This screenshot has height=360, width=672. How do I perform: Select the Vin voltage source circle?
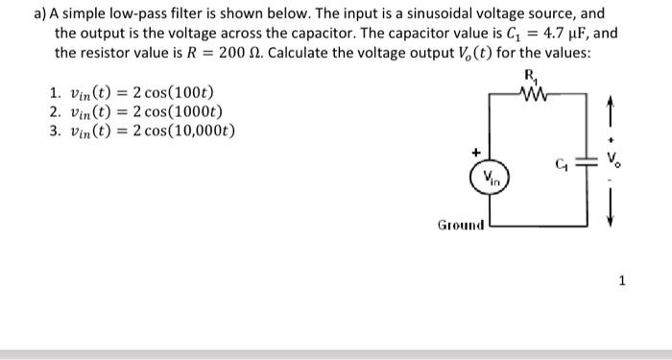point(490,177)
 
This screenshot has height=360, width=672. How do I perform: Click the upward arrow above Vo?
point(614,115)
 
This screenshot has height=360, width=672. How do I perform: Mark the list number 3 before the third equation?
point(52,131)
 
